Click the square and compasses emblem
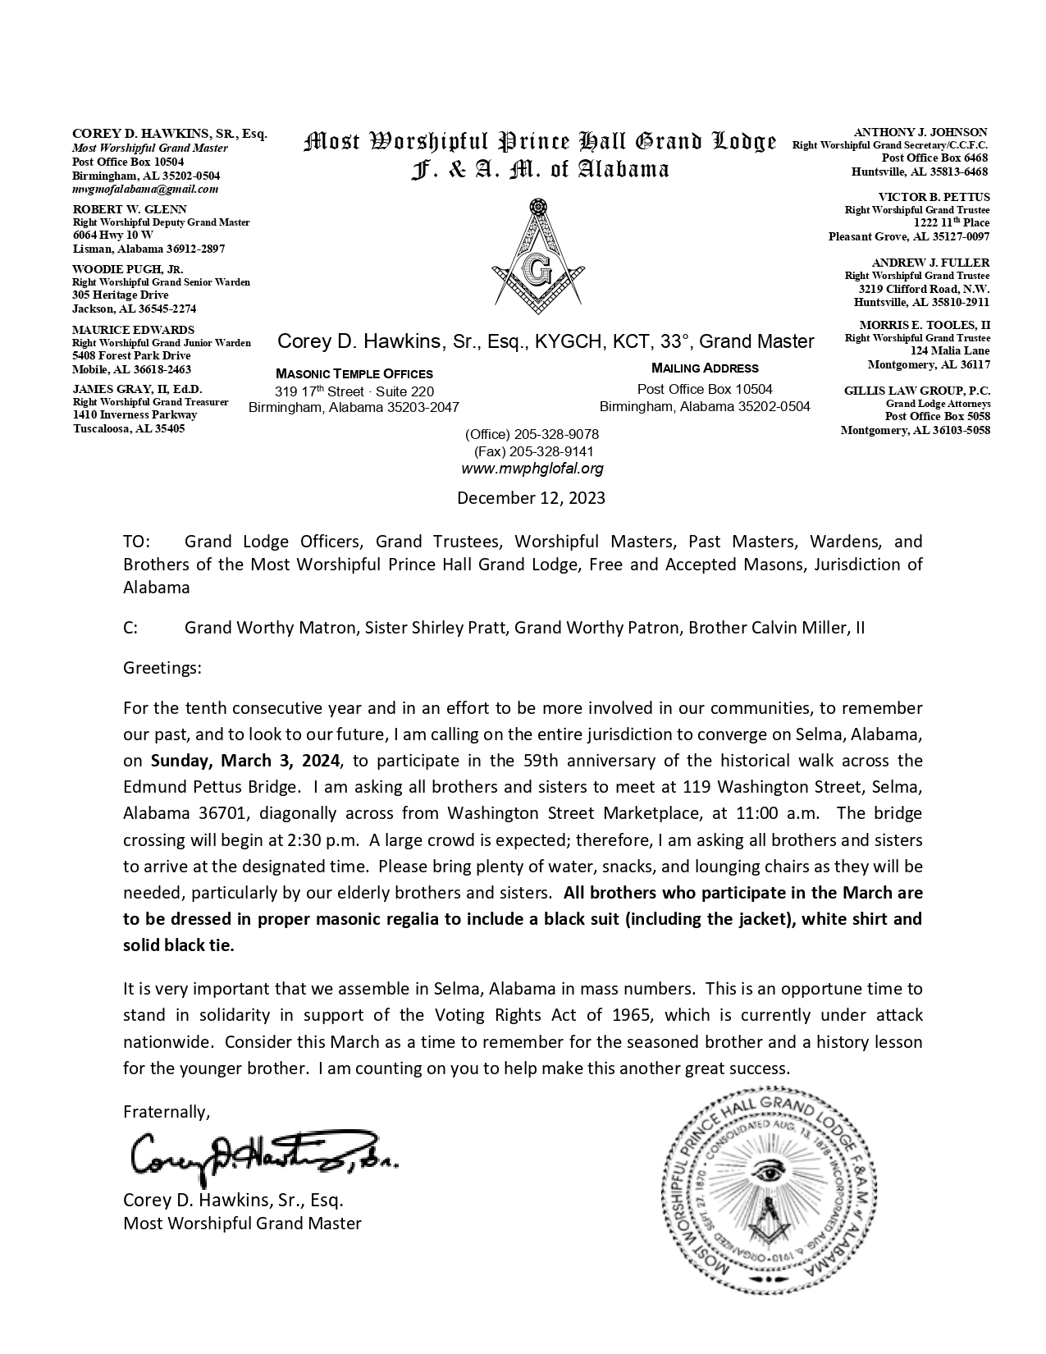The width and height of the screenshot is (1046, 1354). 539,256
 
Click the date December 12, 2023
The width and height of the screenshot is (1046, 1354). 531,497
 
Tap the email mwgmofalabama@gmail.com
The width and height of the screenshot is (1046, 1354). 145,189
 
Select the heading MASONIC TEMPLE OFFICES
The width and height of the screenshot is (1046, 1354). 354,373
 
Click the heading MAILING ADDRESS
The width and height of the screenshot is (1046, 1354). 705,368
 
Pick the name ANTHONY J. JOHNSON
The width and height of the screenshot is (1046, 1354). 920,132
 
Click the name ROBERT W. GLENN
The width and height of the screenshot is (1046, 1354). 130,209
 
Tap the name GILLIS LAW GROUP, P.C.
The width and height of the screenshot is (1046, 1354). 916,391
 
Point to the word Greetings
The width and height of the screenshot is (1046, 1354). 162,668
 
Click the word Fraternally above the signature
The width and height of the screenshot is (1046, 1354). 167,1112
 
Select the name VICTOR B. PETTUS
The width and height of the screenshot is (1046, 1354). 934,197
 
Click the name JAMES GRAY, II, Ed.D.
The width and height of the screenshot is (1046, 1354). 137,389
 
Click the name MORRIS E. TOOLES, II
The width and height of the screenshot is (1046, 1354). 924,325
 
